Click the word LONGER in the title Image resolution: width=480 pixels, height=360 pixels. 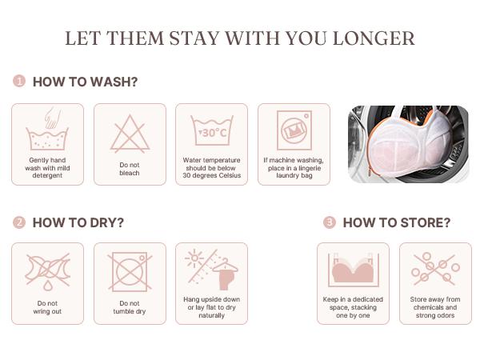click(x=374, y=38)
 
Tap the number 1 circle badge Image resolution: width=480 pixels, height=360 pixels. click(x=19, y=81)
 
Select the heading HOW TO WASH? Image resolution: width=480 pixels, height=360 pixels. click(x=85, y=82)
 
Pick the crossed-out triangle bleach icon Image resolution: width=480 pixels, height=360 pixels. click(x=130, y=134)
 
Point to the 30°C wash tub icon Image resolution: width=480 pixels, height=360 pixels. click(x=212, y=130)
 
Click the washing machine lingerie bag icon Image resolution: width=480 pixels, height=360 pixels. click(x=294, y=130)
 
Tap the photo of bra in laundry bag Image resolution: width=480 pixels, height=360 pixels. click(x=408, y=144)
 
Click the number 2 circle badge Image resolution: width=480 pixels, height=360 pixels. click(x=19, y=222)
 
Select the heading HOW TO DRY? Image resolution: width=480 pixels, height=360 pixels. click(x=78, y=222)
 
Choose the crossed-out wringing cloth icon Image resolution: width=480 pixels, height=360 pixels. click(x=47, y=271)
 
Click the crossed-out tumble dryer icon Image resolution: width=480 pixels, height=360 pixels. click(x=130, y=271)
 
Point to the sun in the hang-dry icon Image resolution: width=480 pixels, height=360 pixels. click(x=194, y=258)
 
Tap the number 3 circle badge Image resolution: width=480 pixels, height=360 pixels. click(x=330, y=222)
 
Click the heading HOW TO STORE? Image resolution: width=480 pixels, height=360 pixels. click(x=397, y=222)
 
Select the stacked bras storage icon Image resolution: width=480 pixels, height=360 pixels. click(x=354, y=270)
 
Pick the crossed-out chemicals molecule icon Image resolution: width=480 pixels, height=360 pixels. click(x=435, y=269)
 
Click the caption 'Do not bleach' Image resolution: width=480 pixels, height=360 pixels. click(x=130, y=169)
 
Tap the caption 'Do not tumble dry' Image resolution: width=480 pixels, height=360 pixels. click(x=130, y=307)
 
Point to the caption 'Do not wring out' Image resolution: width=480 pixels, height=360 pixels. click(x=47, y=307)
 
